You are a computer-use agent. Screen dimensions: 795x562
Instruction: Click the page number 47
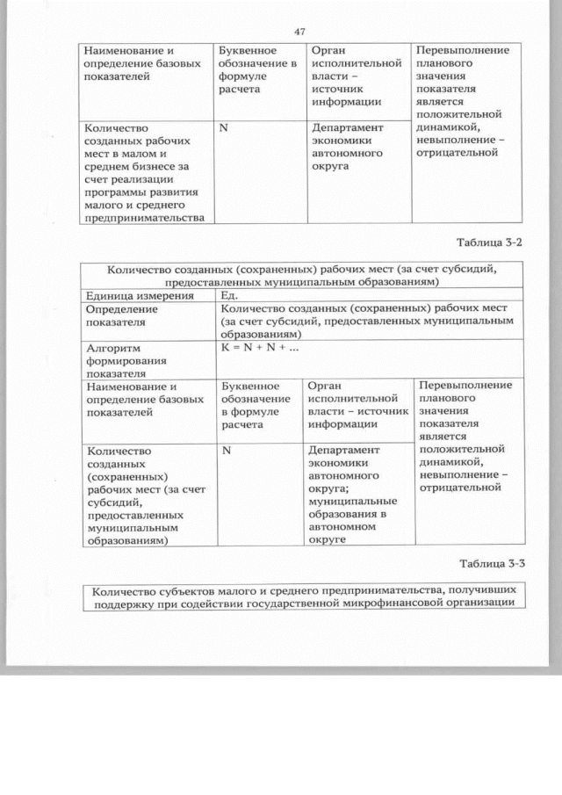tap(299, 32)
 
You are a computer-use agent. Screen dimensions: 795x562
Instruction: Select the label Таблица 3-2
tap(490, 242)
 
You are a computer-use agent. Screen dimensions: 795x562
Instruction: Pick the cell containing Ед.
tap(229, 295)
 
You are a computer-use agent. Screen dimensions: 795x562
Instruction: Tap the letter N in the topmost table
tap(224, 127)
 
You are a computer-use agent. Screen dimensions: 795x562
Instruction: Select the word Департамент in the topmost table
tap(349, 127)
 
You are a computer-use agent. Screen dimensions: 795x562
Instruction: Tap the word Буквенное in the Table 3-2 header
tap(250, 386)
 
